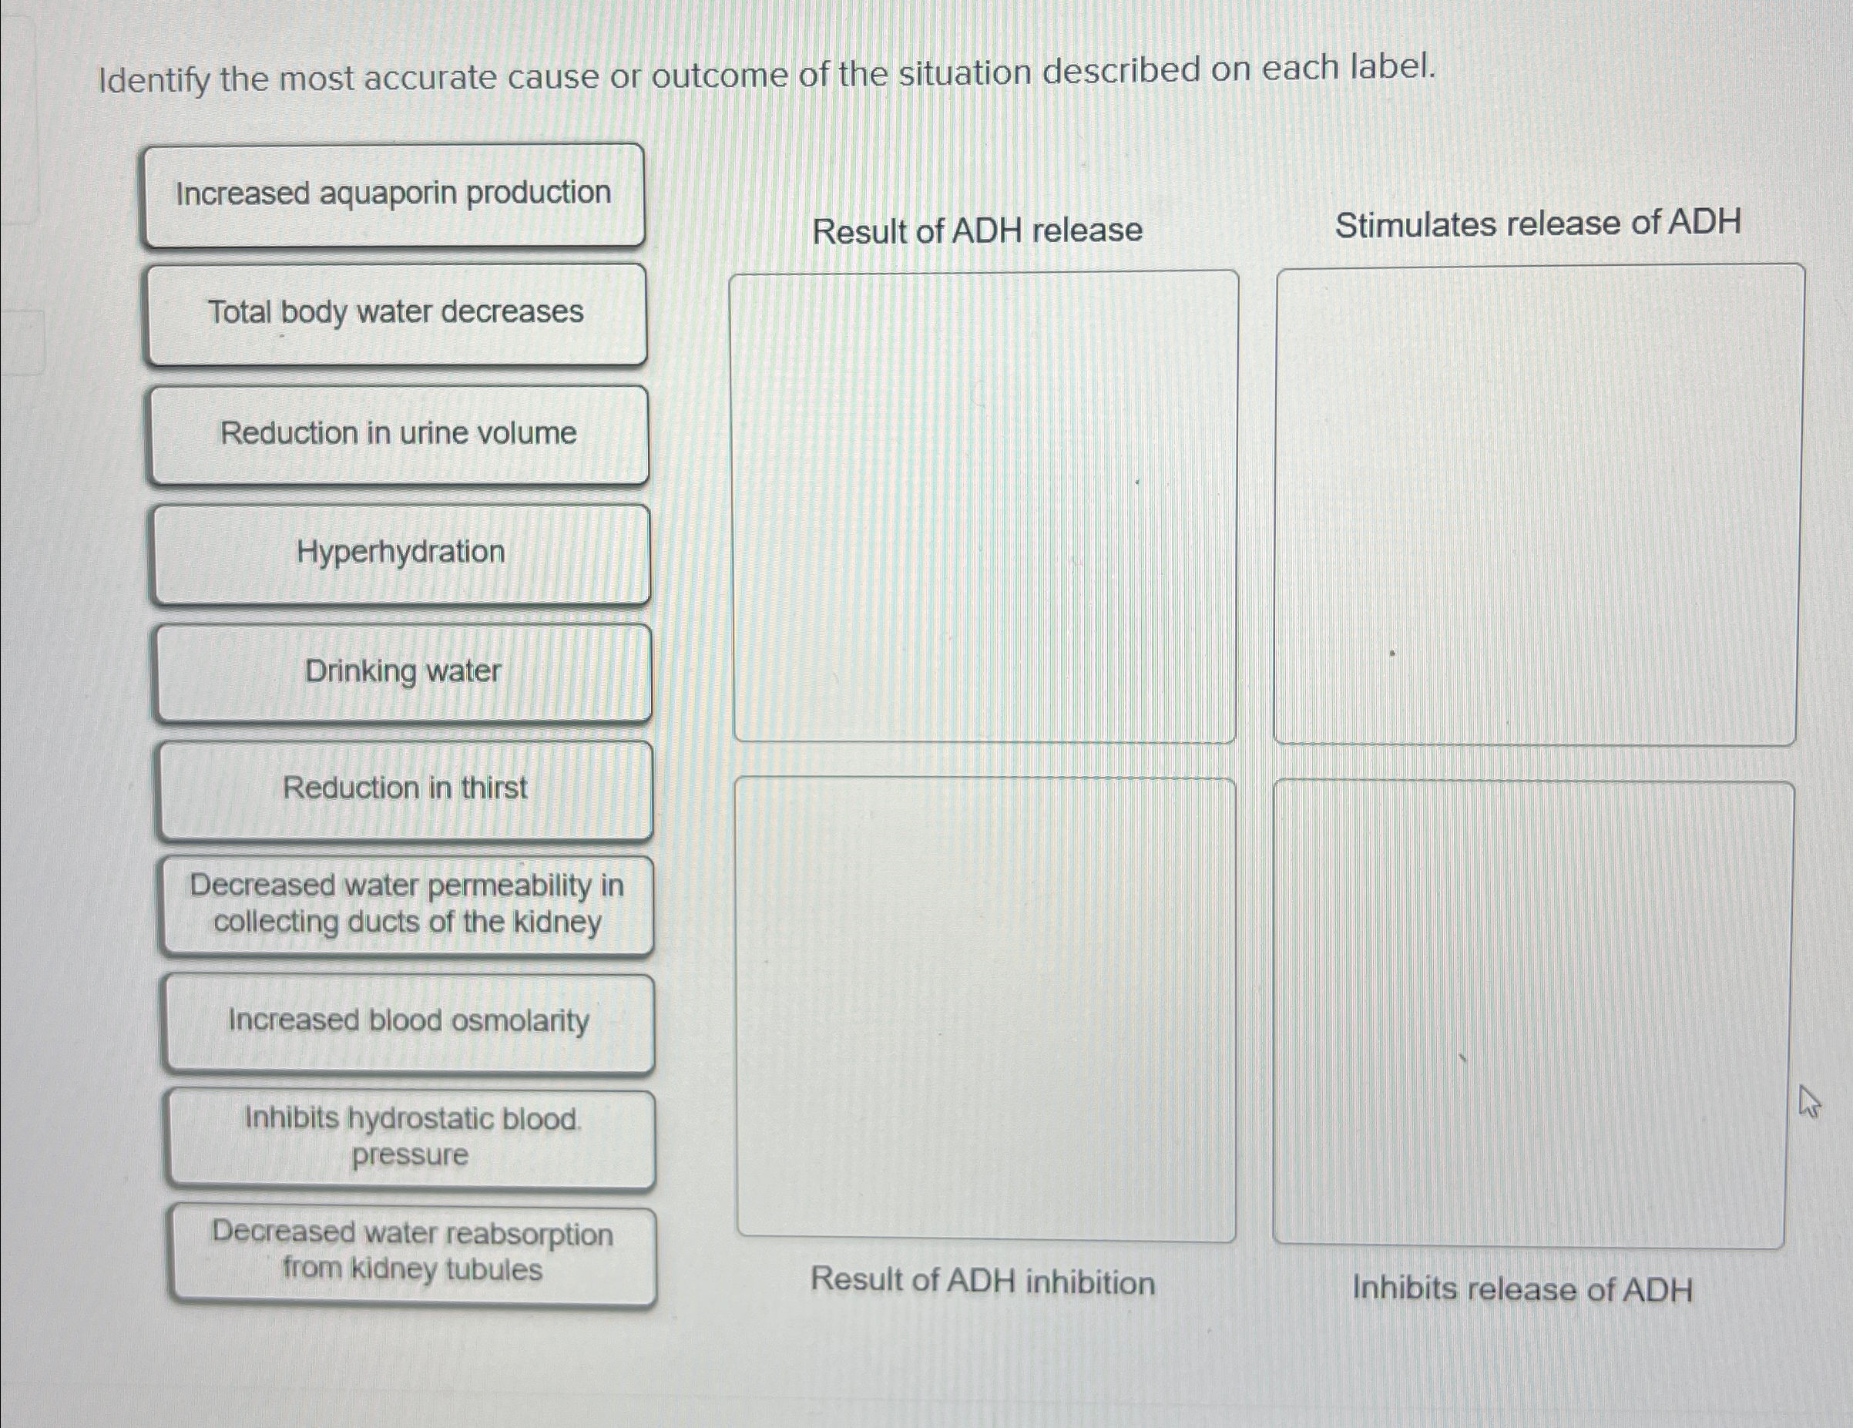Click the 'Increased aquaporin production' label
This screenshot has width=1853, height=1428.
[x=393, y=194]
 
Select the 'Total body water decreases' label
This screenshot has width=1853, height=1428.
[x=395, y=313]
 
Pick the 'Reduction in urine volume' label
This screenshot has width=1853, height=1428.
[x=398, y=434]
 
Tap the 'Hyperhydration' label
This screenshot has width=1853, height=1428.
[x=401, y=553]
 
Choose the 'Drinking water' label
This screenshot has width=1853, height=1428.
[x=403, y=672]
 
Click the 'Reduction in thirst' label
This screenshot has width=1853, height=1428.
[x=405, y=789]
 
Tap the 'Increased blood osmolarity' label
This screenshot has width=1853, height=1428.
[x=409, y=1022]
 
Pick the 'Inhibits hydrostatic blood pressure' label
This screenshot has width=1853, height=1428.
[x=411, y=1137]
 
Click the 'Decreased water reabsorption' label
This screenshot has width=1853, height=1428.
[x=412, y=1252]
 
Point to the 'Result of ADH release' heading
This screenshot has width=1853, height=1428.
[x=978, y=230]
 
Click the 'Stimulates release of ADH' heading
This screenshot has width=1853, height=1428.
[x=1537, y=224]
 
